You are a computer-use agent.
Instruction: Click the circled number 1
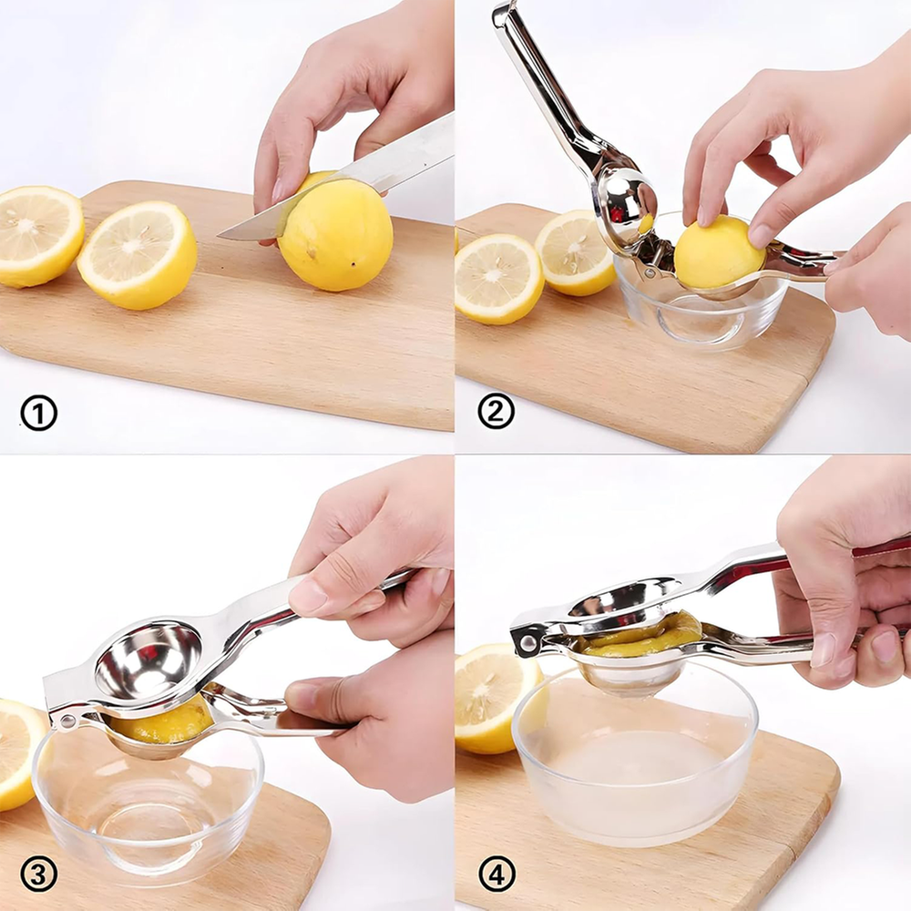point(38,414)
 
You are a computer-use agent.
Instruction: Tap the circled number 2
point(496,412)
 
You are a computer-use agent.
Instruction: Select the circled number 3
point(38,875)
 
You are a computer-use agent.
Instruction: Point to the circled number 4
point(496,875)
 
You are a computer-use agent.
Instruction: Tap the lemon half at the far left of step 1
point(36,235)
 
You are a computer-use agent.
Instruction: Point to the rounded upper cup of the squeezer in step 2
point(625,204)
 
